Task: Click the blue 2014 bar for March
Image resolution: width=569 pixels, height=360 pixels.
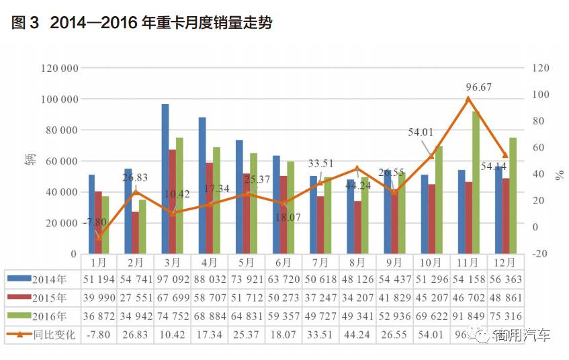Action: pyautogui.click(x=165, y=179)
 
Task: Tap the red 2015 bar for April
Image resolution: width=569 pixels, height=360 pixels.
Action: pyautogui.click(x=210, y=208)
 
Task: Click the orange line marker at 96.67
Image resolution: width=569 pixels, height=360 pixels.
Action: pyautogui.click(x=468, y=99)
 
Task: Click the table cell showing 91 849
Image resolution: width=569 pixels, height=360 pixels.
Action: pyautogui.click(x=468, y=315)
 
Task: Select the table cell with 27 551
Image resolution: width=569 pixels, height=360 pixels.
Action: pyautogui.click(x=135, y=298)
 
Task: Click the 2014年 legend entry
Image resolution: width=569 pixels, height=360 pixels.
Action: pyautogui.click(x=42, y=279)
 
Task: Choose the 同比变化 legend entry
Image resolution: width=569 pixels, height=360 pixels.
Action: pyautogui.click(x=42, y=333)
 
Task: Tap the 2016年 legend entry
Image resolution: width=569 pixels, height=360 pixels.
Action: pyautogui.click(x=42, y=315)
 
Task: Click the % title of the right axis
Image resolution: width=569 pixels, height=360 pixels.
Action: pyautogui.click(x=559, y=176)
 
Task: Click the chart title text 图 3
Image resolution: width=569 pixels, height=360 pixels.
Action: pyautogui.click(x=26, y=24)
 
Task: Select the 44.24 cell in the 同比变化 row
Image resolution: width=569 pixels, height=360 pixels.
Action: pyautogui.click(x=357, y=333)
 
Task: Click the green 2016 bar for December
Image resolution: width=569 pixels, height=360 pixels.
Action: pyautogui.click(x=513, y=195)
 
